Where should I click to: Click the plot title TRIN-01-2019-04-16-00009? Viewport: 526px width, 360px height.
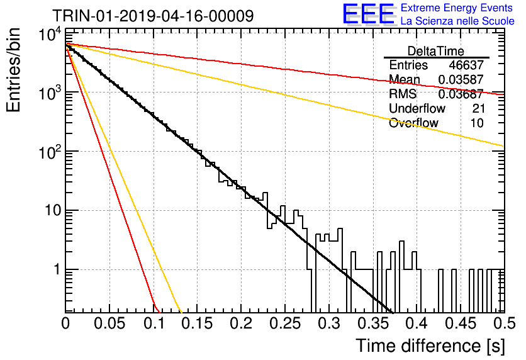153,16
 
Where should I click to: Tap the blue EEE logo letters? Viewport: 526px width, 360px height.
368,14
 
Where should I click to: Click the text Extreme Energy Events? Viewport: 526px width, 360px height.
457,8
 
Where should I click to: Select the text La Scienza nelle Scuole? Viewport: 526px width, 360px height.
457,21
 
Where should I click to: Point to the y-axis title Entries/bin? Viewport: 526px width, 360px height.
13,70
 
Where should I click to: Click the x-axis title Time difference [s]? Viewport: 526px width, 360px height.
430,346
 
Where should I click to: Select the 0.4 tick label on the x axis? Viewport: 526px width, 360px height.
417,323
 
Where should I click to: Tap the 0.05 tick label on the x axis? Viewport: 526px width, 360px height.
109,323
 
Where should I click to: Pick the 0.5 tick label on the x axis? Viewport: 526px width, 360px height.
504,323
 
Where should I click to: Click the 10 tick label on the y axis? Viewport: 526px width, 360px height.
53,211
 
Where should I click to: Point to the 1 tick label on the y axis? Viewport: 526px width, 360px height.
58,269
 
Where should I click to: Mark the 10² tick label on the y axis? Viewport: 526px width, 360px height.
50,151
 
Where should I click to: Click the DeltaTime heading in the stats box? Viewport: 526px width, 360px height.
436,51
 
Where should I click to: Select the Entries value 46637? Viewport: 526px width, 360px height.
466,65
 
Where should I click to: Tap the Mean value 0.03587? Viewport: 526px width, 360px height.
461,79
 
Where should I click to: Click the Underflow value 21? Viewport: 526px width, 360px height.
478,108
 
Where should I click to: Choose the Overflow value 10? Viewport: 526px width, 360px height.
477,123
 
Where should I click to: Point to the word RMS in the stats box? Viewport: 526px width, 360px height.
403,94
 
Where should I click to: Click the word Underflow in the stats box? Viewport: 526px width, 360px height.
417,108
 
